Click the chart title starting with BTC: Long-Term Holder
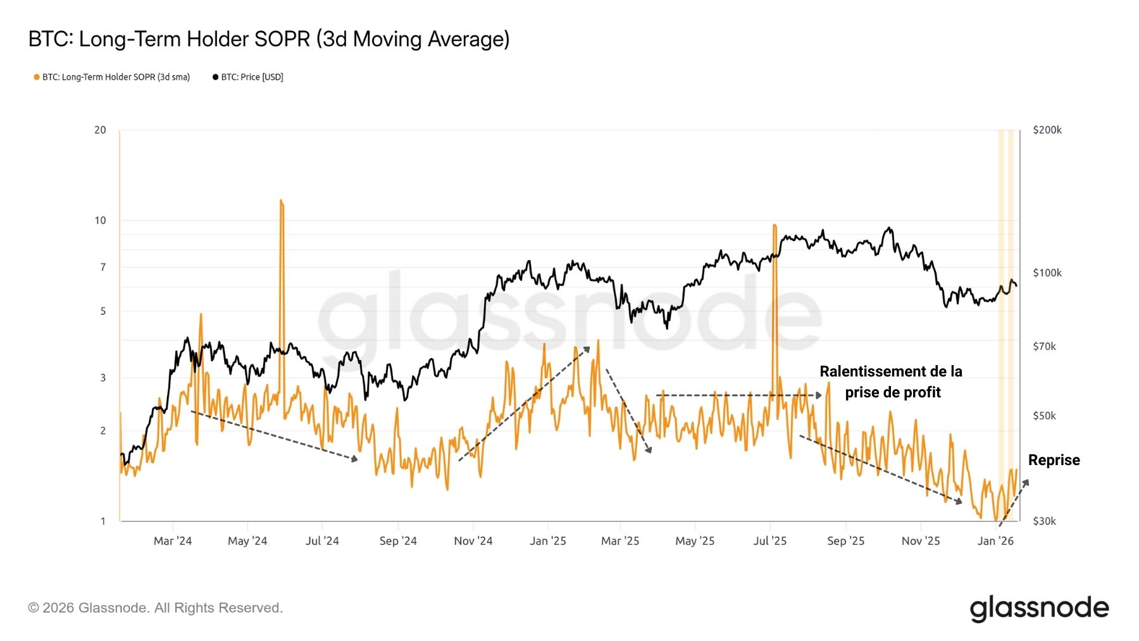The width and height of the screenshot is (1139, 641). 269,39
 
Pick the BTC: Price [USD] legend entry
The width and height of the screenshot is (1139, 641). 248,77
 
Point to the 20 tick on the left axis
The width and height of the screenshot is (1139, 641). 100,130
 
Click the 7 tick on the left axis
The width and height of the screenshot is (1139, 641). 103,268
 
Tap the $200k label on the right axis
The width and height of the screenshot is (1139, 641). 1047,130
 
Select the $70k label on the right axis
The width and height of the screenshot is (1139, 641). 1044,347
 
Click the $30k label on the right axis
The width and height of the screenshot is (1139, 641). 1044,521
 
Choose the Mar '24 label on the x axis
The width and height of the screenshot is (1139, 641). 173,541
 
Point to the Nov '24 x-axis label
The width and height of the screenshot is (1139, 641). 473,541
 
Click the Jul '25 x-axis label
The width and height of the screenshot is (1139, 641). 769,541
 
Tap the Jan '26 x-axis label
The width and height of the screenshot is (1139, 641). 995,541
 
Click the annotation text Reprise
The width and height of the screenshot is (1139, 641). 1054,460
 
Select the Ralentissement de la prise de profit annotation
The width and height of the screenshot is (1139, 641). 891,382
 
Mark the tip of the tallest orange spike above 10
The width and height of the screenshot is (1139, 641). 281,201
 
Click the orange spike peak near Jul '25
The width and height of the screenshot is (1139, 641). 774,225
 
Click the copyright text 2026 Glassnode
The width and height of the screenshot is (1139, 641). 155,608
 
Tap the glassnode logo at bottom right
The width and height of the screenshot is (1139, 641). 1039,608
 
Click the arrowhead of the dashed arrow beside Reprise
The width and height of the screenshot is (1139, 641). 1026,483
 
